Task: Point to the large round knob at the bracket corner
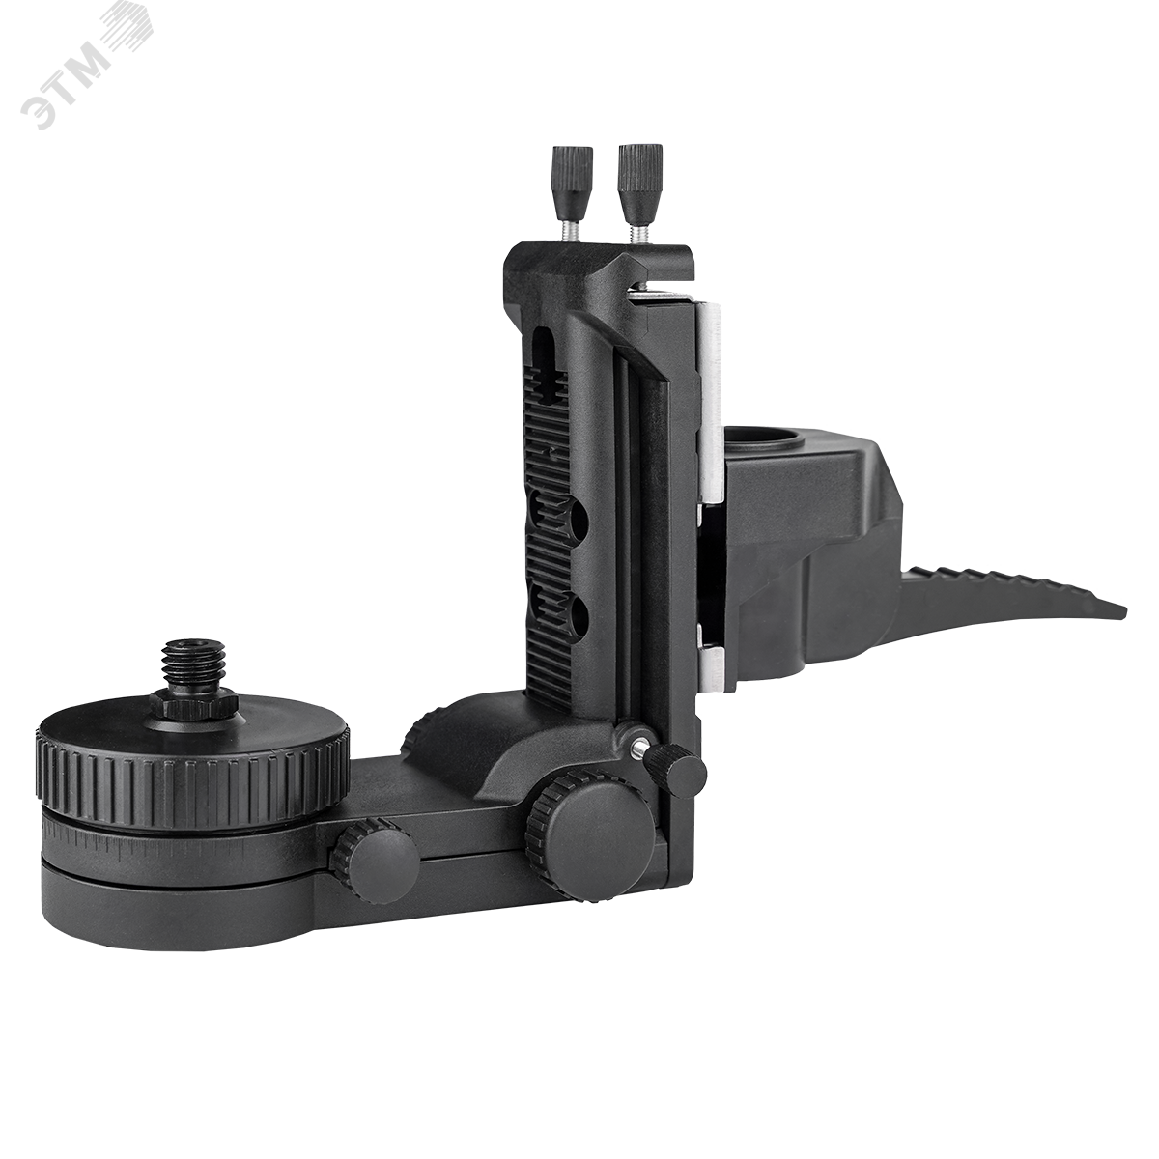(587, 819)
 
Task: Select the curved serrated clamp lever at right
(1009, 602)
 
